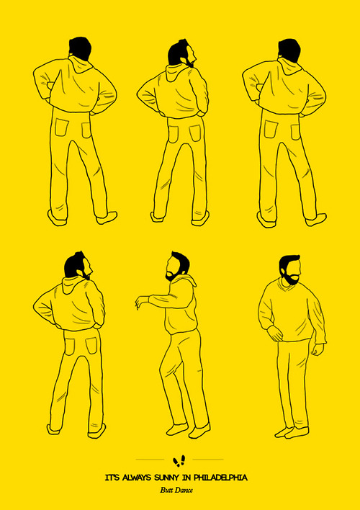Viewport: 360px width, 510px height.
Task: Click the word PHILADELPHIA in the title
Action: [x=220, y=478]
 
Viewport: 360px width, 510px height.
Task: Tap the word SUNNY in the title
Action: [x=166, y=478]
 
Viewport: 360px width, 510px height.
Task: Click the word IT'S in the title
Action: [x=112, y=478]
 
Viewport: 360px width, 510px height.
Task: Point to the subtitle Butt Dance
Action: [x=176, y=490]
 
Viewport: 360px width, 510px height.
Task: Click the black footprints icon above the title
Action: [x=179, y=460]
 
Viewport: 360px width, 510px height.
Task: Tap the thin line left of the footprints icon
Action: [x=150, y=460]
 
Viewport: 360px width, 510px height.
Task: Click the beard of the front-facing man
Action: [x=290, y=278]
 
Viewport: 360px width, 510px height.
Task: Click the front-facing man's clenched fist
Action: [x=317, y=349]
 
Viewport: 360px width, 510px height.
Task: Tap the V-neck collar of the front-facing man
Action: [x=287, y=285]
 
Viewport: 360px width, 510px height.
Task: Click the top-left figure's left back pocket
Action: [x=61, y=127]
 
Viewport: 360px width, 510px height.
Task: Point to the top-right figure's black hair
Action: [x=289, y=50]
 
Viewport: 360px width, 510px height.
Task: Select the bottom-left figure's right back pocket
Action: [x=91, y=346]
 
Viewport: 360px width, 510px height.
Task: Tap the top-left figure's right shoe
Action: [x=107, y=218]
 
